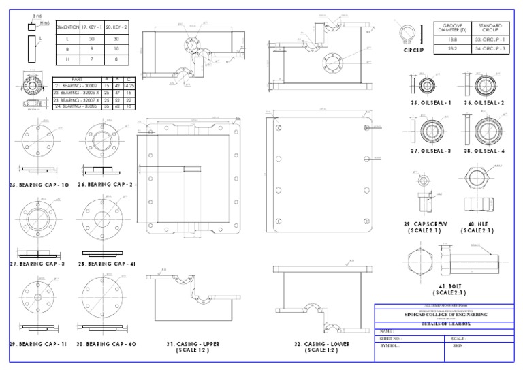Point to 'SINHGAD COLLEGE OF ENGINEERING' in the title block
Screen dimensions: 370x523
point(447,314)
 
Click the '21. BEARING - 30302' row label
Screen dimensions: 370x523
point(75,86)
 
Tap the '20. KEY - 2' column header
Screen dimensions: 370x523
point(117,27)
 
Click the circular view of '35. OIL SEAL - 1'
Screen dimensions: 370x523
point(428,87)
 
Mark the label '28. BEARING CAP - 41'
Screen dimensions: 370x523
point(108,263)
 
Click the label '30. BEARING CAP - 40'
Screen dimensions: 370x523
point(107,344)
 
